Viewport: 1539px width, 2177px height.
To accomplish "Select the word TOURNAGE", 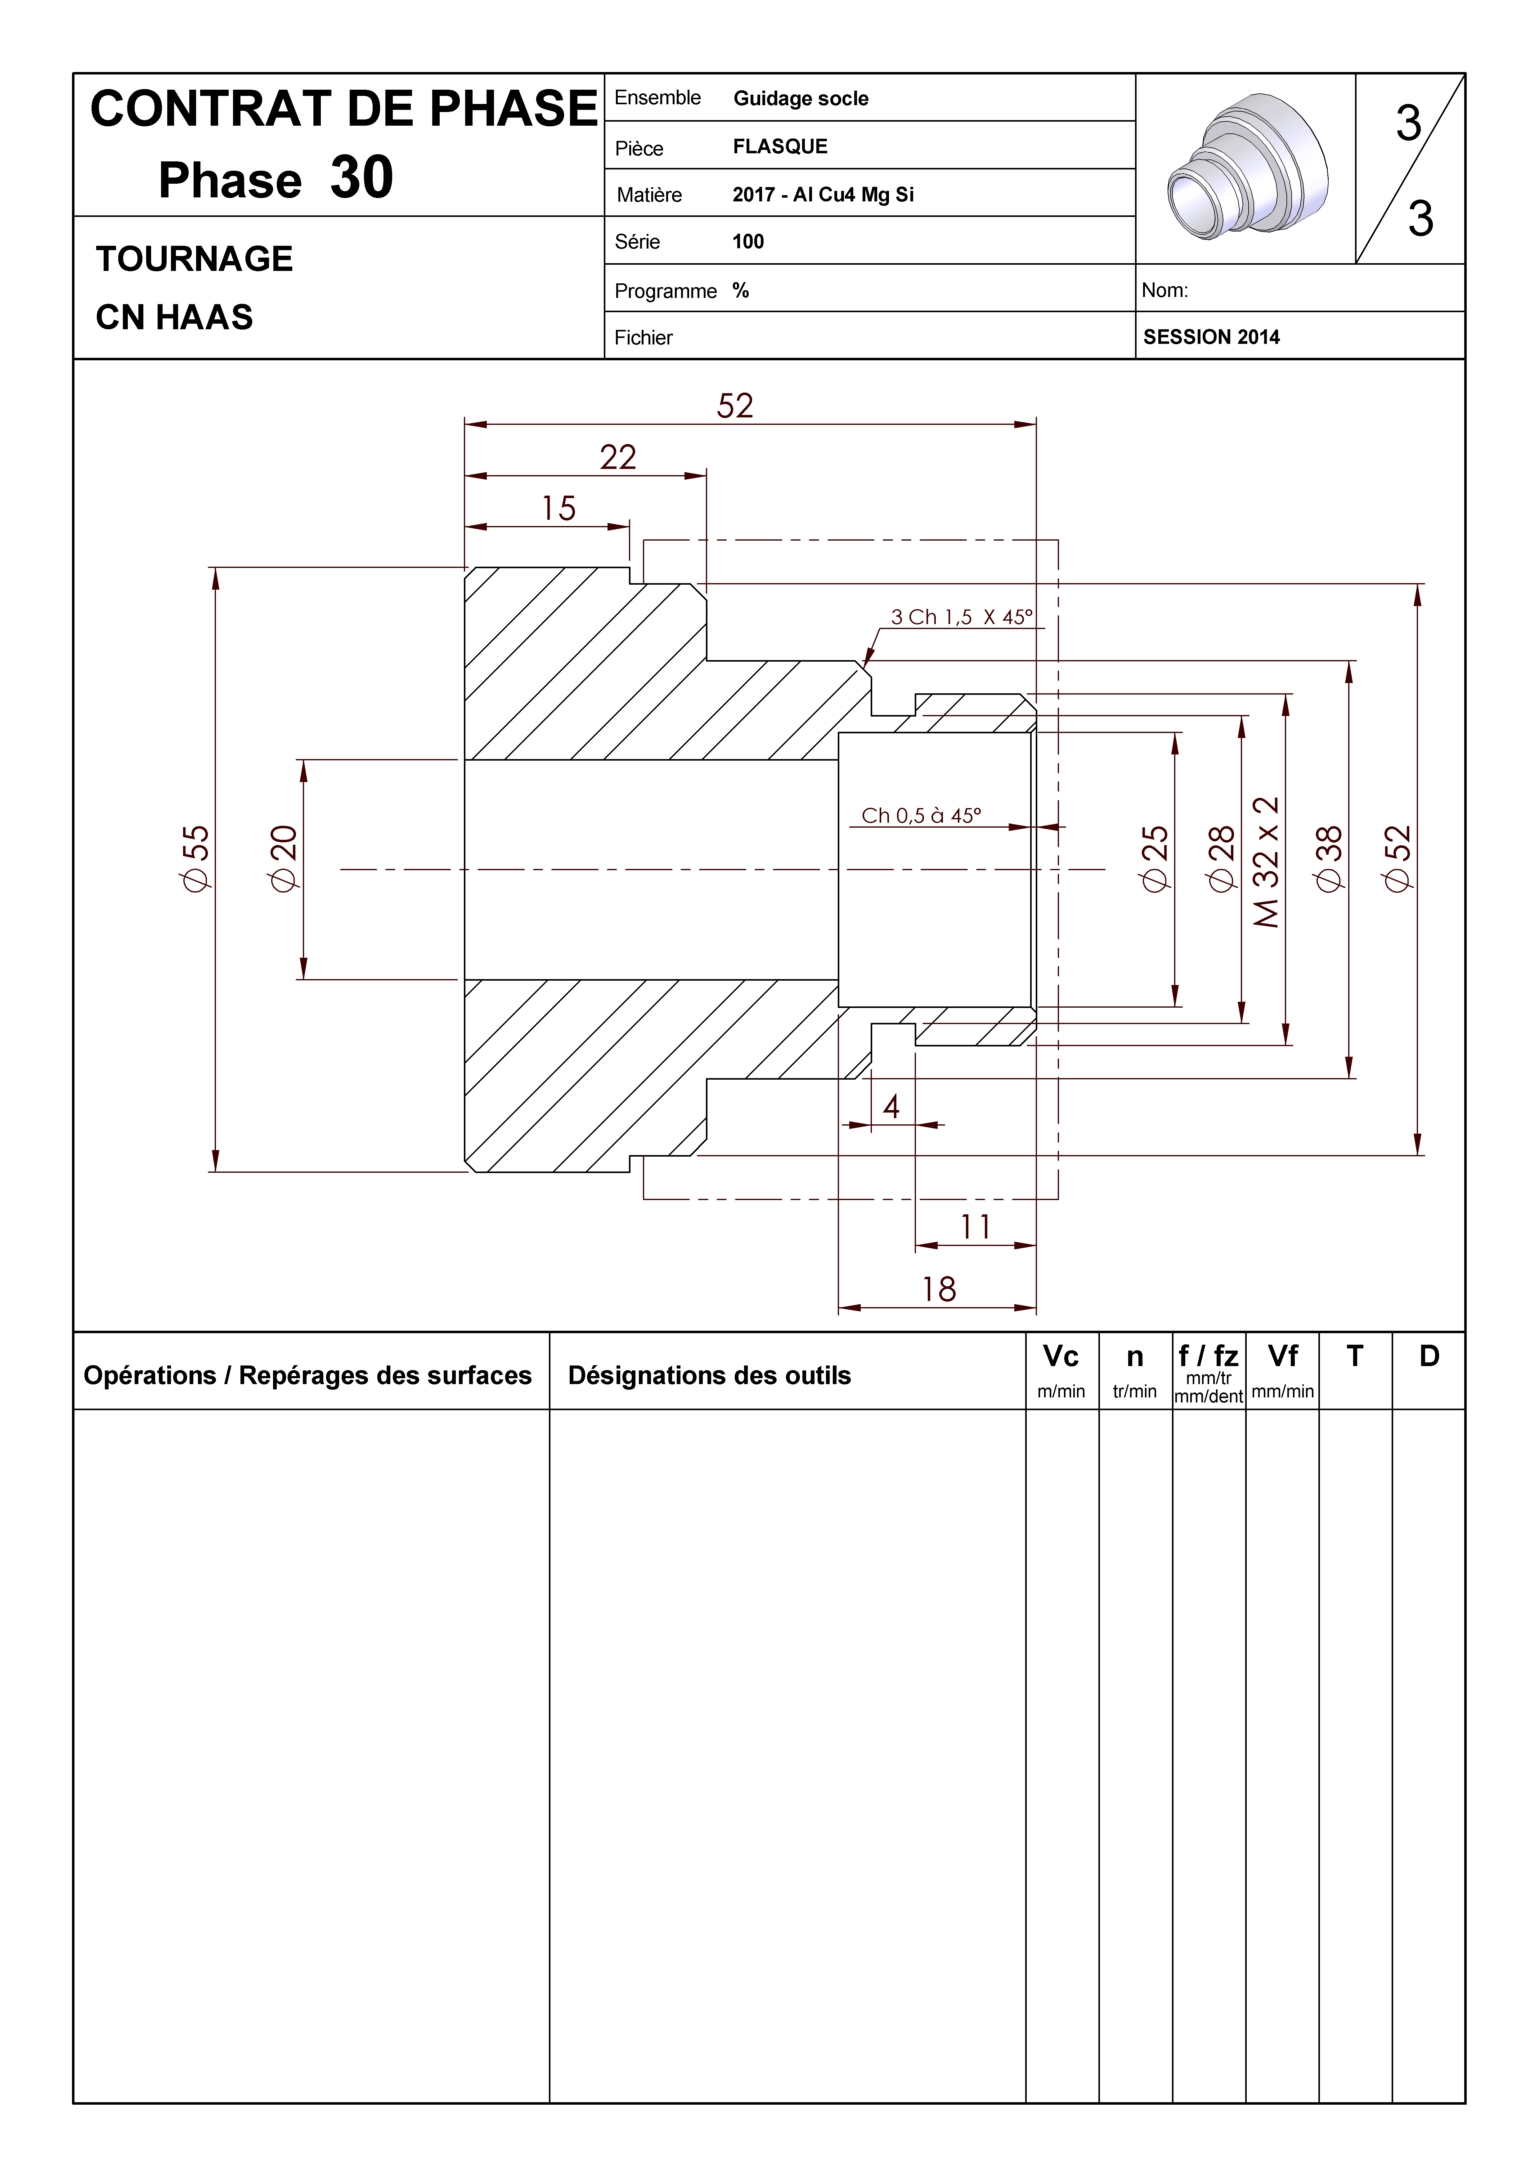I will click(x=194, y=259).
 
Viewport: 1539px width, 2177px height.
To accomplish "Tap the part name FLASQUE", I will click(x=779, y=146).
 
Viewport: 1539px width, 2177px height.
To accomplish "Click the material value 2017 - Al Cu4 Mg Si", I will click(x=822, y=194).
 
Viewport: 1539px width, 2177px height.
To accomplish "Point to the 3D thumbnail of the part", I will click(x=1245, y=168).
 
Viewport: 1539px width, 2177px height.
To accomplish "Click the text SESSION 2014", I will click(x=1211, y=337).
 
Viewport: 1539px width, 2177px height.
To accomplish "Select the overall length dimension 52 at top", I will click(x=735, y=406).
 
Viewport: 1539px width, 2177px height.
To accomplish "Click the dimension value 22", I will click(x=617, y=457).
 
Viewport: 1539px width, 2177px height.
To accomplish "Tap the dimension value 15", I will click(x=559, y=508).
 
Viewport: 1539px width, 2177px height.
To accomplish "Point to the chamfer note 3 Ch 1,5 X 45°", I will click(x=961, y=617).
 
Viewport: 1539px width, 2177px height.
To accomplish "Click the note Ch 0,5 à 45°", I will click(x=921, y=816).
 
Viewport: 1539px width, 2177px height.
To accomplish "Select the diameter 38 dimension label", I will click(x=1330, y=858).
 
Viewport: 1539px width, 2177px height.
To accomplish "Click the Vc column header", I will click(x=1060, y=1357).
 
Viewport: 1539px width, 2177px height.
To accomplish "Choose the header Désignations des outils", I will click(x=709, y=1376).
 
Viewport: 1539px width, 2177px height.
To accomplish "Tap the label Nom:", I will click(x=1164, y=290).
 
